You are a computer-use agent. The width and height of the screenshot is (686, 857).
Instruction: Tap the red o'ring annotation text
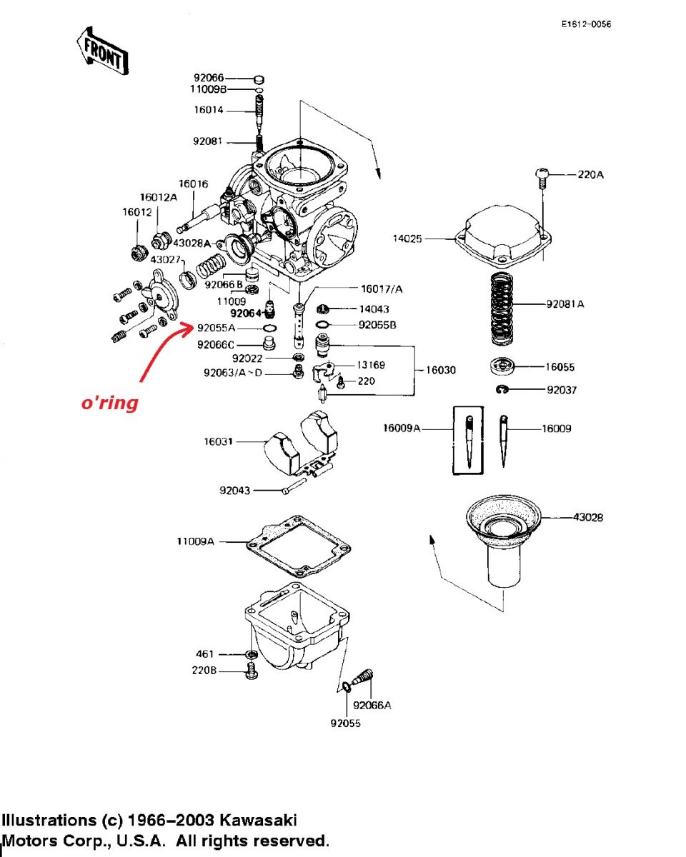pyautogui.click(x=108, y=404)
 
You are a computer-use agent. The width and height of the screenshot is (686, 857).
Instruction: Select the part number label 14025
pyautogui.click(x=407, y=239)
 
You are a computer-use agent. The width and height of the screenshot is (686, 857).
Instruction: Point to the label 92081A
pyautogui.click(x=565, y=304)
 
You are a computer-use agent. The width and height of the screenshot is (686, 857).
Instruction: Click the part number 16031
pyautogui.click(x=219, y=442)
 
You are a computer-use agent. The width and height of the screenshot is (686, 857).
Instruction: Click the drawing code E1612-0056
pyautogui.click(x=586, y=25)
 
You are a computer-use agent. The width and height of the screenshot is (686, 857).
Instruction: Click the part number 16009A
pyautogui.click(x=402, y=428)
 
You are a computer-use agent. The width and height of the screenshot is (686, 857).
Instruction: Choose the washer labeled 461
pyautogui.click(x=252, y=654)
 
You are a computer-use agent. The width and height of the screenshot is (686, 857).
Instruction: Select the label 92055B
pyautogui.click(x=377, y=325)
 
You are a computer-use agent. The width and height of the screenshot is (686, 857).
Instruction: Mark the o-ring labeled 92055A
pyautogui.click(x=271, y=329)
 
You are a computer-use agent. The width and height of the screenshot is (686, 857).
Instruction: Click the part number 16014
pyautogui.click(x=209, y=110)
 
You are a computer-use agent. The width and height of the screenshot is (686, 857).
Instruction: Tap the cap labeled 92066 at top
pyautogui.click(x=259, y=79)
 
